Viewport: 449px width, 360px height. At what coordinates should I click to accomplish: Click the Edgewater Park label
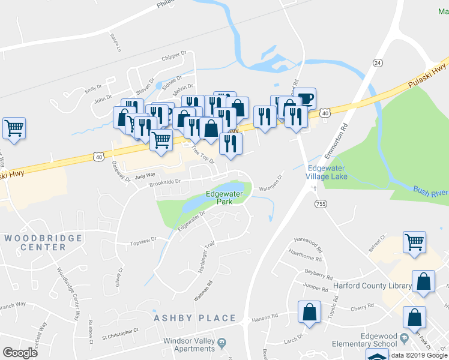(224, 198)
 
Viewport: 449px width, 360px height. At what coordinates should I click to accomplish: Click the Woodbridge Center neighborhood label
(43, 242)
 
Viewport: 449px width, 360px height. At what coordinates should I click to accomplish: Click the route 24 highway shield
(377, 62)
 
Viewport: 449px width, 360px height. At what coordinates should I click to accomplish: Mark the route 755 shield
(320, 205)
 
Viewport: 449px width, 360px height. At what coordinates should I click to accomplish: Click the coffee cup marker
(306, 98)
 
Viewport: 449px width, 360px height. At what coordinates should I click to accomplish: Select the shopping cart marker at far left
(14, 128)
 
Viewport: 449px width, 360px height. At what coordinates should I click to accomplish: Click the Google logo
(20, 353)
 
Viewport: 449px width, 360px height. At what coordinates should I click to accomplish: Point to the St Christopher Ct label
(119, 330)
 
